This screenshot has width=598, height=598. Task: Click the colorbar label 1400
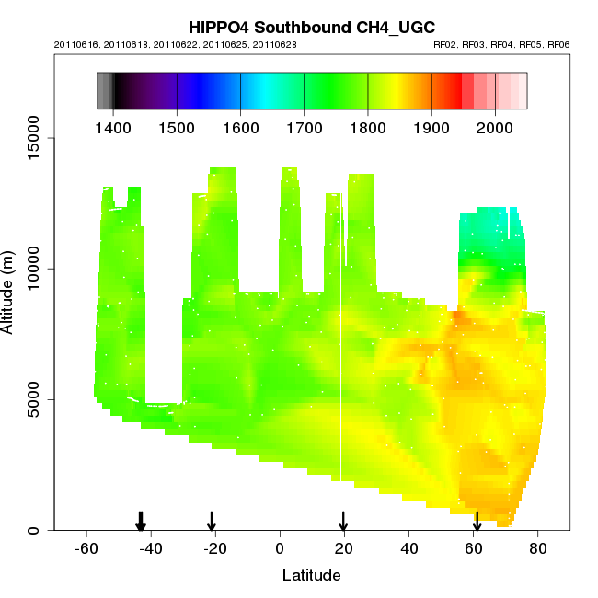pos(112,126)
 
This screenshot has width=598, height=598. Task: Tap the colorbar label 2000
pos(495,126)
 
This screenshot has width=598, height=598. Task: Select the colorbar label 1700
pos(304,126)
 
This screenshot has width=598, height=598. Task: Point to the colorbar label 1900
pos(431,126)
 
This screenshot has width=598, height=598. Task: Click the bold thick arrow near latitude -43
pos(141,522)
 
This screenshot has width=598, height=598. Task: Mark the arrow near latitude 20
pos(343,522)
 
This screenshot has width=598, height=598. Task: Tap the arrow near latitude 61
pos(477,522)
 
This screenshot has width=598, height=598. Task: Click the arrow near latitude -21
pos(212,522)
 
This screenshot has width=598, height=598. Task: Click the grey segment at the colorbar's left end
pos(104,92)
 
